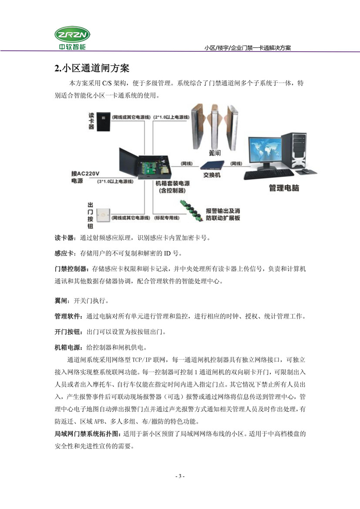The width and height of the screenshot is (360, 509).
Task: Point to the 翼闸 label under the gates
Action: pyautogui.click(x=215, y=153)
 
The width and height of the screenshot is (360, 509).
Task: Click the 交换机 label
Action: pyautogui.click(x=212, y=174)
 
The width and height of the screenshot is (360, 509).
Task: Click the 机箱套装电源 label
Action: pyautogui.click(x=170, y=183)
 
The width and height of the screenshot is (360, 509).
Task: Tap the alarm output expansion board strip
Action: pyautogui.click(x=193, y=209)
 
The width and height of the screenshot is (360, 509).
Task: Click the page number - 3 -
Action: pyautogui.click(x=180, y=476)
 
